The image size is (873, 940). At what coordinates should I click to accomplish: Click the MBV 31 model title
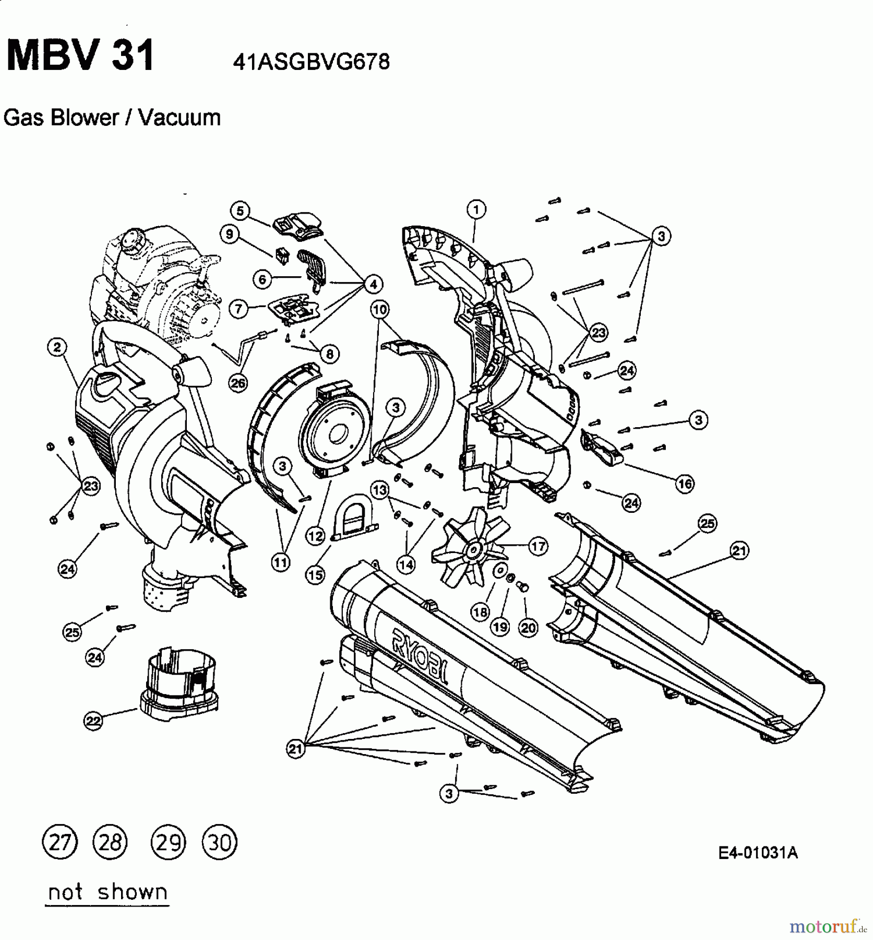tap(80, 56)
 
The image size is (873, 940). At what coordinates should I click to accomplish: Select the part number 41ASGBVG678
tap(311, 63)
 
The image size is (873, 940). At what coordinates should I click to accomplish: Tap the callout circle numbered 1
tap(476, 210)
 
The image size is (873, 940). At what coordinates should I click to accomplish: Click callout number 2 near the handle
tap(57, 347)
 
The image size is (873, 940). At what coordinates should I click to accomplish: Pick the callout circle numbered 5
tap(240, 211)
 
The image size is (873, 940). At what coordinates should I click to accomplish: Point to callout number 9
tap(230, 234)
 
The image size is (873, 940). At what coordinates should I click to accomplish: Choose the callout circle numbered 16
tap(685, 484)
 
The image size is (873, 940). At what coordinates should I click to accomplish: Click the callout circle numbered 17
tap(538, 546)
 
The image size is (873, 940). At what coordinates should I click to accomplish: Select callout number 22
tap(93, 721)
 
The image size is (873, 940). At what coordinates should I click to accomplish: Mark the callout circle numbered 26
tap(238, 383)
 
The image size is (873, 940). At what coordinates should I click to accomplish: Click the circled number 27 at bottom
tap(59, 842)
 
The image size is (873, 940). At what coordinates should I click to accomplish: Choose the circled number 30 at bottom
tap(219, 842)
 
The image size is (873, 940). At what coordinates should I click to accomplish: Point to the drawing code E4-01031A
tap(758, 853)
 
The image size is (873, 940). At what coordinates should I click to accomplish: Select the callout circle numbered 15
tap(315, 575)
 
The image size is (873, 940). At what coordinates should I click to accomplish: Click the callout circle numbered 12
tap(315, 536)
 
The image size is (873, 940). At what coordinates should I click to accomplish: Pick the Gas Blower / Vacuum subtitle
tap(112, 118)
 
